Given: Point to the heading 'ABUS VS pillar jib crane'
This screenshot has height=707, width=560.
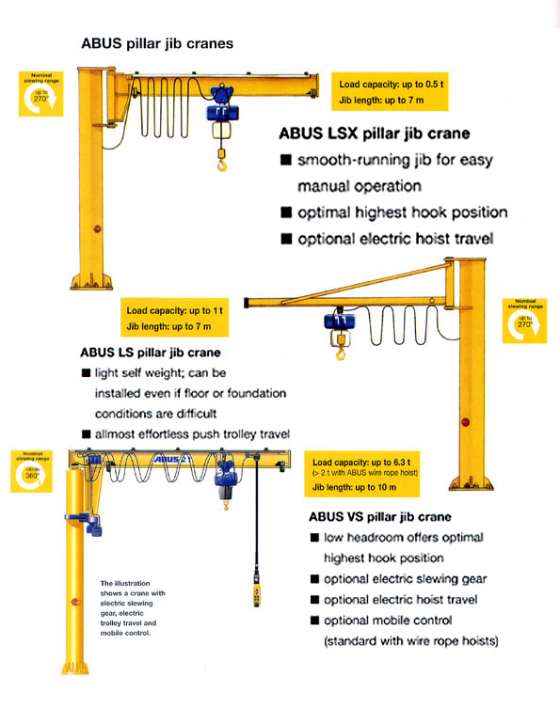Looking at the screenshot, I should (x=379, y=516).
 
